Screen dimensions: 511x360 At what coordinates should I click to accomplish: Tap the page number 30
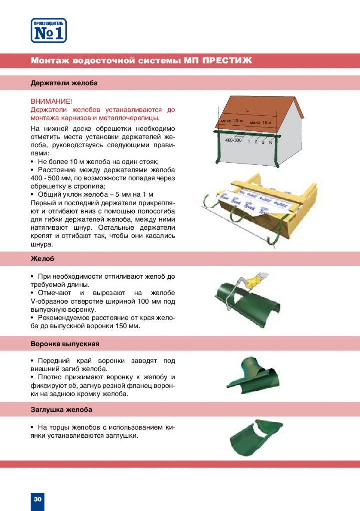pos(38,499)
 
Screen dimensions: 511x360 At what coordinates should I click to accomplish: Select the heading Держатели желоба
pos(64,83)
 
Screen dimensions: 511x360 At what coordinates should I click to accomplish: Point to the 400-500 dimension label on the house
pos(233,140)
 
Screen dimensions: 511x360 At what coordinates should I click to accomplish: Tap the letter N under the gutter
pos(270,143)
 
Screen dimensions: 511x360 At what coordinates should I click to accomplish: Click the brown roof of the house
pos(260,112)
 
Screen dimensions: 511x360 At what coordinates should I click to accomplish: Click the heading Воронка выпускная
pos(65,344)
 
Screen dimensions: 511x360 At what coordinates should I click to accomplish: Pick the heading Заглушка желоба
pos(61,410)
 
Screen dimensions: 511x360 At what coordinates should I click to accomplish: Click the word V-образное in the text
pos(50,301)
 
